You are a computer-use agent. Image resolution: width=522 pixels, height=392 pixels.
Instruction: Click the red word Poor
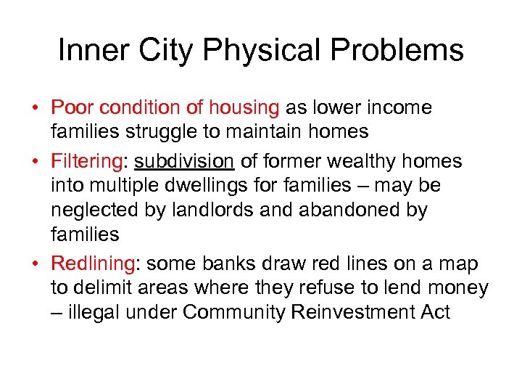click(72, 108)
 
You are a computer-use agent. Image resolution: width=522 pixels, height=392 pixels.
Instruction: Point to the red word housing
click(244, 108)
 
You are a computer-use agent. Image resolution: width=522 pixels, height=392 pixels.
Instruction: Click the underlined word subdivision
click(183, 161)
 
